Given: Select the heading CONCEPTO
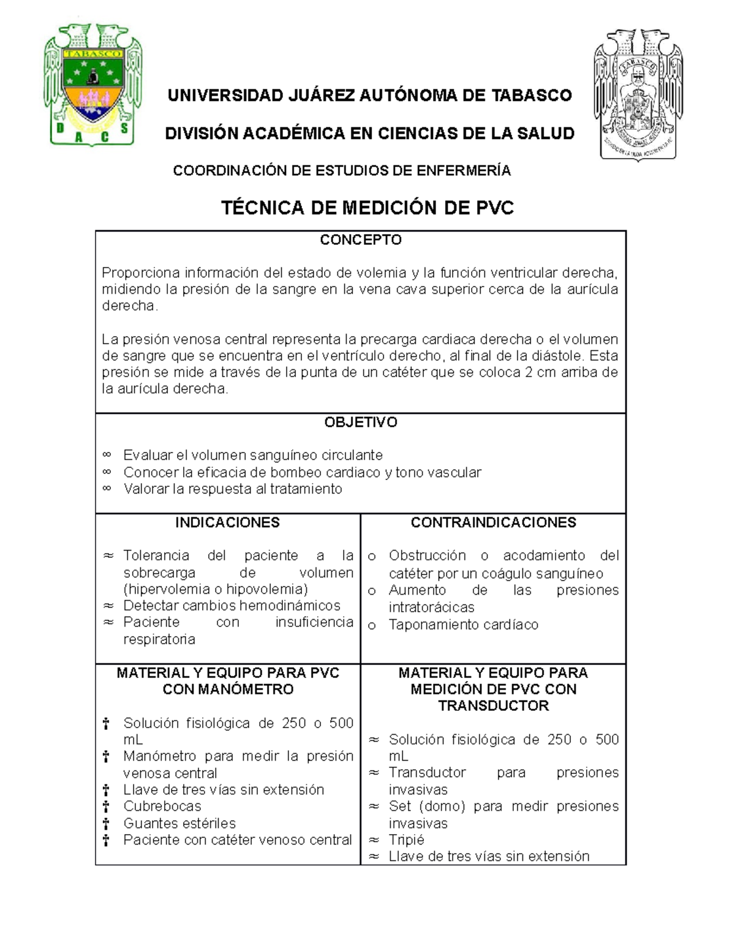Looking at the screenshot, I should click(360, 239).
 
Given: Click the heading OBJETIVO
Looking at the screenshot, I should click(360, 422).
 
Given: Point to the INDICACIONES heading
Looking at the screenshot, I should click(227, 522).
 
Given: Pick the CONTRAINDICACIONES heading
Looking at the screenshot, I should click(493, 522).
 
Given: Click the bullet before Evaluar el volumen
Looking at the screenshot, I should click(107, 455).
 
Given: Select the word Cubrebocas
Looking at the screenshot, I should click(162, 806).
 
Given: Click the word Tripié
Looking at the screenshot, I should click(406, 840).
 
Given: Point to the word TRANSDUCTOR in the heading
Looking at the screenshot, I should click(493, 705).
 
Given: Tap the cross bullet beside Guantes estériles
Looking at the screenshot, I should click(106, 824).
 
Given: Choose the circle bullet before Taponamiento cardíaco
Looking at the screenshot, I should click(372, 625).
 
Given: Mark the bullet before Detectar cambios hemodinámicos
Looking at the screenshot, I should click(108, 606).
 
